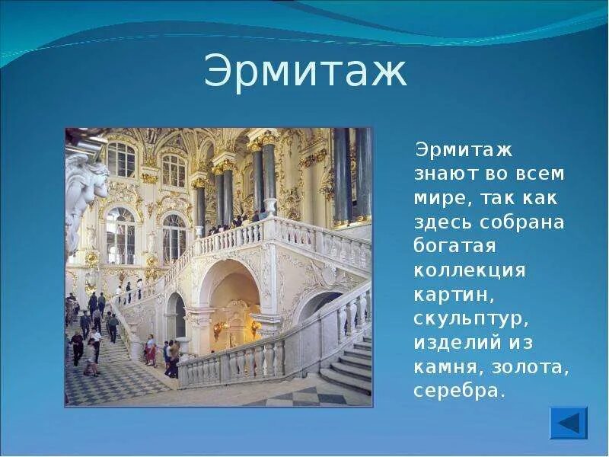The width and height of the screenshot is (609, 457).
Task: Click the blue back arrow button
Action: [569, 423]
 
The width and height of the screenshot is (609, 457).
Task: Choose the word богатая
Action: [455, 246]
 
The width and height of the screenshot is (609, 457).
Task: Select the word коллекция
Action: [470, 271]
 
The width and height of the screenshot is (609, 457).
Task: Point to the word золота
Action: [530, 368]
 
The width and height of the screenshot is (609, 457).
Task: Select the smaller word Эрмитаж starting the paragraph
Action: [464, 150]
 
